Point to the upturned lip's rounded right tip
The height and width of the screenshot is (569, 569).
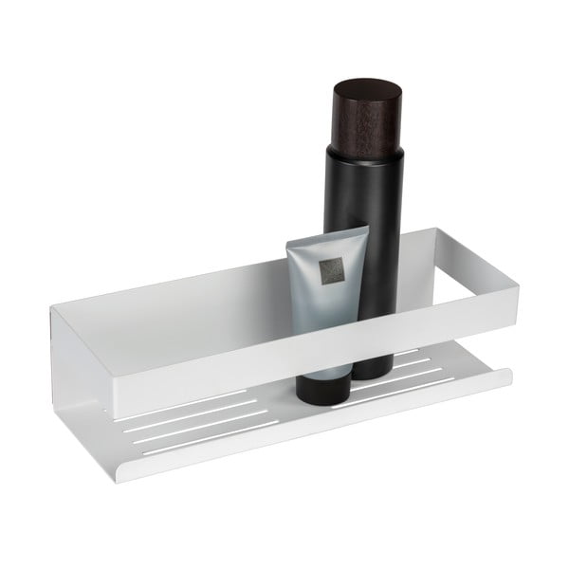[x=507, y=376]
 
